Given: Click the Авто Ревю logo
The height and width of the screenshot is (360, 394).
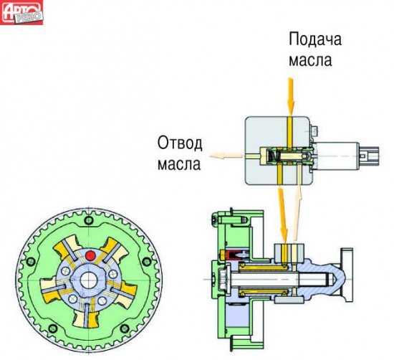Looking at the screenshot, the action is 21,12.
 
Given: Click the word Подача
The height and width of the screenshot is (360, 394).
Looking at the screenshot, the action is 315,39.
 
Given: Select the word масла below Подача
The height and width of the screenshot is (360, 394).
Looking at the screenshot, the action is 310,60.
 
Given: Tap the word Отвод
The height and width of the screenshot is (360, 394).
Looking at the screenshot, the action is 180,143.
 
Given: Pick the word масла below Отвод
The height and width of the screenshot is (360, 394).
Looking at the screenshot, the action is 179,164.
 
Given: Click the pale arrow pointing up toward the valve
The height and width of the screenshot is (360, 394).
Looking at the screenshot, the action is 298,212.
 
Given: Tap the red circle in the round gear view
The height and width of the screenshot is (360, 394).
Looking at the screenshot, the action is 90,256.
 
